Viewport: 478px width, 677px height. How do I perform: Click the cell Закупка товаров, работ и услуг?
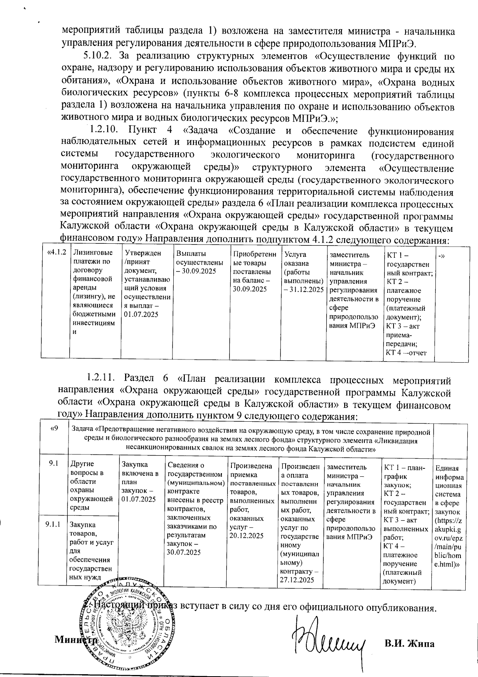point(91,551)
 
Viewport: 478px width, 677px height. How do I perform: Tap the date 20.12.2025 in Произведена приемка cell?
point(247,536)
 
